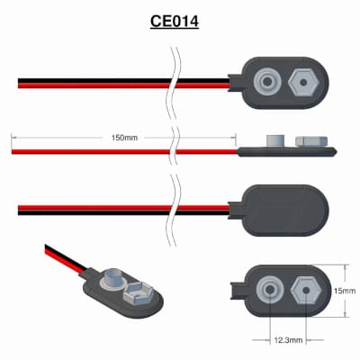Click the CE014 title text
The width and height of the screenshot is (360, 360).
coord(175,22)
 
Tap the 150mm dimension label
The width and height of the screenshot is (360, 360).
coord(124,138)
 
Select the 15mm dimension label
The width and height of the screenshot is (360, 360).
coord(345,291)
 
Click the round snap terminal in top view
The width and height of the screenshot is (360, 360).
coord(267,82)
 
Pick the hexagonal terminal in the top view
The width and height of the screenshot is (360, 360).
coord(303,82)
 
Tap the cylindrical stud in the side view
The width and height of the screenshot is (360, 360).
coord(275,140)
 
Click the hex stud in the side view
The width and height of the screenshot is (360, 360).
coord(311,141)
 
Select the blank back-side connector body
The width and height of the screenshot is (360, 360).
coord(282,210)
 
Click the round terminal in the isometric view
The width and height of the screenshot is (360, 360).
coord(114,279)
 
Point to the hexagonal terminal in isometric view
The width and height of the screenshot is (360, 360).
coord(139,294)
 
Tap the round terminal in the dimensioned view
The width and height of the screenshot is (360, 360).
coord(270,290)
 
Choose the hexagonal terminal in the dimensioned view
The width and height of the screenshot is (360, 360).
coord(306,291)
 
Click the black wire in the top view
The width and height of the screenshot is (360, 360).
coord(123,81)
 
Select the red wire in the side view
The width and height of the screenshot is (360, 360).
coord(124,151)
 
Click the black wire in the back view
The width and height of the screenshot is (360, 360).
coord(123,212)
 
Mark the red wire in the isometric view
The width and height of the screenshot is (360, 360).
coord(64,261)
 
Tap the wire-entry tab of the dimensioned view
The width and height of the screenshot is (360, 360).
coord(238,291)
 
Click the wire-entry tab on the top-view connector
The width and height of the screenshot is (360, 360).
coord(236,82)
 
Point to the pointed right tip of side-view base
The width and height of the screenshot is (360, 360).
coord(337,152)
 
